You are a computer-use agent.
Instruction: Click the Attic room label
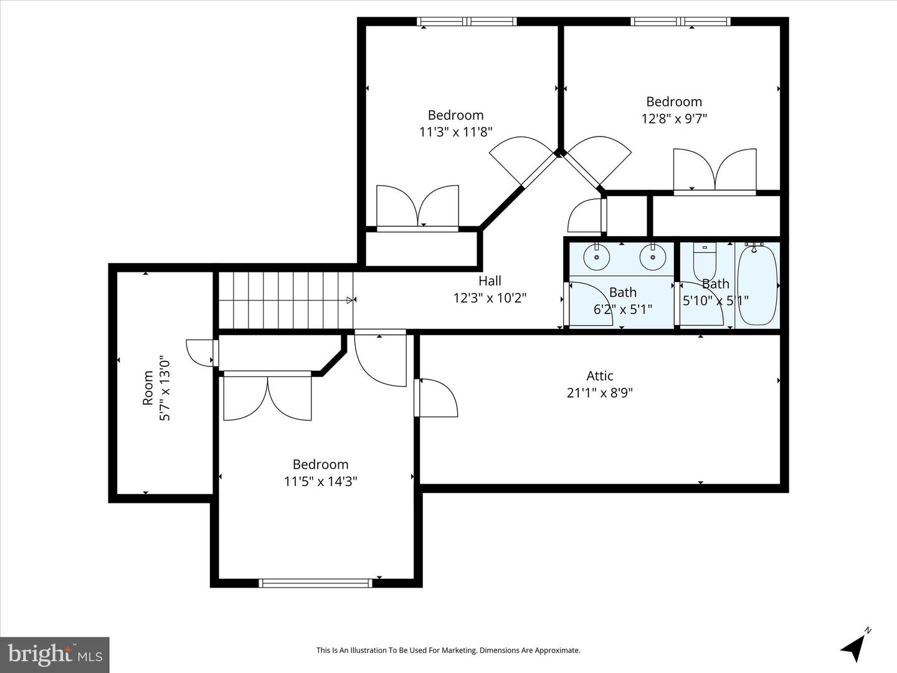point(599,376)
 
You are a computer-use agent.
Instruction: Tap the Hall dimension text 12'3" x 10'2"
point(490,298)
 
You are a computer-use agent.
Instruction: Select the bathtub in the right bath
point(757,284)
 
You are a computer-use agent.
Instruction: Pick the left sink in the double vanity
point(596,257)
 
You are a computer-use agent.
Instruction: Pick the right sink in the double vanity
point(652,257)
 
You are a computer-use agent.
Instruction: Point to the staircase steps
point(285,300)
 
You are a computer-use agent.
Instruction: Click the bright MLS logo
point(55,654)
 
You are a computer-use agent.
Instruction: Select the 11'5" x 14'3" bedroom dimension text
point(320,481)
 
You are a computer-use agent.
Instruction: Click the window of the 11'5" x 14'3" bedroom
point(315,583)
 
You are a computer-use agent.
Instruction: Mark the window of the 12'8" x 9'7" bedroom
point(680,22)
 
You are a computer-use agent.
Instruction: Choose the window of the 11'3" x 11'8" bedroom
point(467,22)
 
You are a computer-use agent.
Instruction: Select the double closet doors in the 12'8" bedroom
point(714,171)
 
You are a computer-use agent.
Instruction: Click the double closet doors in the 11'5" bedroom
point(267,398)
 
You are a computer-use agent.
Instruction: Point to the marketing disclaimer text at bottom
point(448,650)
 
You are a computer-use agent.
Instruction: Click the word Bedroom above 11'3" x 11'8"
point(455,115)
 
